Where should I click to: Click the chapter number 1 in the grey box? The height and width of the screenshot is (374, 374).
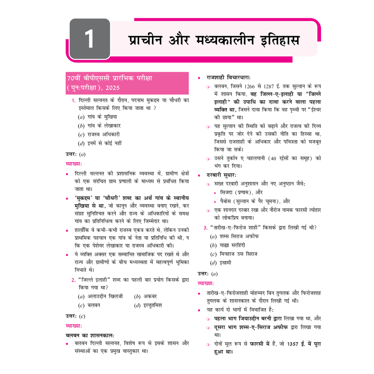[89, 39]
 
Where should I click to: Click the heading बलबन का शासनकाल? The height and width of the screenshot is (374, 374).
[90, 335]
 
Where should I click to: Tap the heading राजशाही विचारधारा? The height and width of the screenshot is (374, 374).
[228, 77]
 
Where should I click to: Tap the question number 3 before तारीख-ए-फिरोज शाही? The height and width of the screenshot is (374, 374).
[205, 228]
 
